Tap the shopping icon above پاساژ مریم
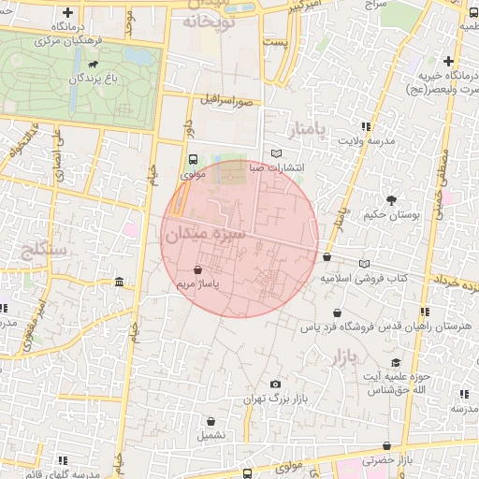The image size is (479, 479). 197,269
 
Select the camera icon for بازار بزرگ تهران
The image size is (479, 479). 275,385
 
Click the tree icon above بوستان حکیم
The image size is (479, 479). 391,199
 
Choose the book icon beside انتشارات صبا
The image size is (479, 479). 275,153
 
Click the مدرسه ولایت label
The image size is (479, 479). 361,141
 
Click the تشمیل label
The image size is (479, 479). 210,435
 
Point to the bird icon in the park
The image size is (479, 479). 94,65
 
